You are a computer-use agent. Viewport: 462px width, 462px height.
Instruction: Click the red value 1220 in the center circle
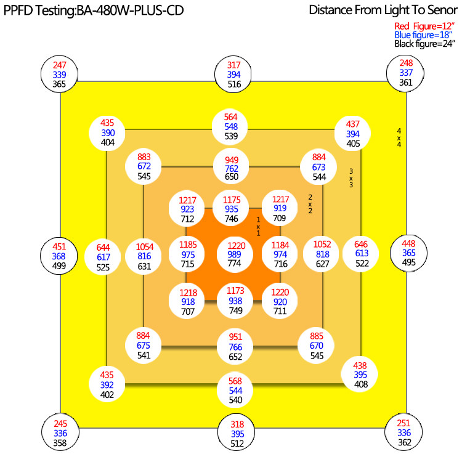[x=237, y=245]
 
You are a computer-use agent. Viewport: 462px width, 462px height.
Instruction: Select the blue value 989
[x=235, y=254]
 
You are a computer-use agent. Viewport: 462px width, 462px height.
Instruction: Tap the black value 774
[x=235, y=263]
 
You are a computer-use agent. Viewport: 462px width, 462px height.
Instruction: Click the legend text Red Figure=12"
[x=424, y=26]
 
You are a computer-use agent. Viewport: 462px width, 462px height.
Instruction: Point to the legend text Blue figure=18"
[x=423, y=35]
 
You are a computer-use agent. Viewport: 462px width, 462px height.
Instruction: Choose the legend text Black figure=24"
[x=424, y=44]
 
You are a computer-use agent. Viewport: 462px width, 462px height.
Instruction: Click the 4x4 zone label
[x=399, y=137]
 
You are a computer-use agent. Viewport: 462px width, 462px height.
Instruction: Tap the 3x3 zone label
[x=351, y=178]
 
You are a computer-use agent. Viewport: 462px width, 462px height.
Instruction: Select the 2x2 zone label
[x=310, y=204]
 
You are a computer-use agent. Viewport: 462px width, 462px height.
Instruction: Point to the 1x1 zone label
[x=258, y=227]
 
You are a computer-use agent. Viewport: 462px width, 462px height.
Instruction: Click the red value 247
[x=60, y=65]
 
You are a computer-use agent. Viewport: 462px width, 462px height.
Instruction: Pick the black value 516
[x=235, y=84]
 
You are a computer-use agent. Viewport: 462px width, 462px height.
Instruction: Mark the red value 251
[x=403, y=423]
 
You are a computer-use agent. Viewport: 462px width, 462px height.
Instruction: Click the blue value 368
[x=59, y=256]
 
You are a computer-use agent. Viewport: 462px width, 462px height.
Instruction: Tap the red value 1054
[x=145, y=247]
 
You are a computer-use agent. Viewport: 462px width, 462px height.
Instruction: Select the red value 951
[x=235, y=337]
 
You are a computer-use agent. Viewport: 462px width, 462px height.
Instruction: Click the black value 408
[x=361, y=384]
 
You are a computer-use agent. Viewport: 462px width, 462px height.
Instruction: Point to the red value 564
[x=231, y=117]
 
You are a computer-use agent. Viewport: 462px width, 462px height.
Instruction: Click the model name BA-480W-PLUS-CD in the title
[x=130, y=10]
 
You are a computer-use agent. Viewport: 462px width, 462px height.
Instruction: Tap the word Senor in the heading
[x=442, y=10]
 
